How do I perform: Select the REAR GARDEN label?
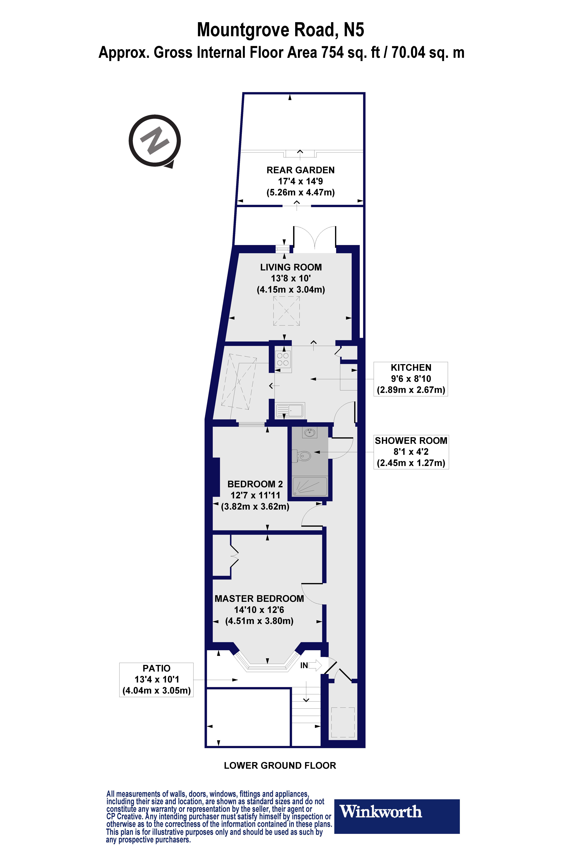pyautogui.click(x=300, y=170)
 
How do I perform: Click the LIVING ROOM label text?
pyautogui.click(x=291, y=267)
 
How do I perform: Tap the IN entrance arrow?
pyautogui.click(x=311, y=665)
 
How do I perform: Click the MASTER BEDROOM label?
pyautogui.click(x=259, y=599)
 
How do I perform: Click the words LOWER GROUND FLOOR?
pyautogui.click(x=280, y=766)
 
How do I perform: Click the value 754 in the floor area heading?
pyautogui.click(x=332, y=53)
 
